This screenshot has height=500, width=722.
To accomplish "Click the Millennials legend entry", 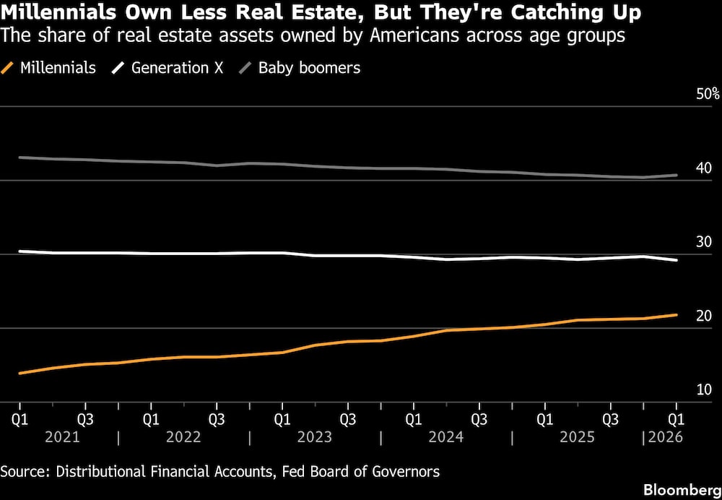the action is (x=48, y=68).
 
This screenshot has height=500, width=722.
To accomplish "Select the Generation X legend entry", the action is (x=168, y=68).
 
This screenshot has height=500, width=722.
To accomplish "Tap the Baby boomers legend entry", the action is (x=300, y=68).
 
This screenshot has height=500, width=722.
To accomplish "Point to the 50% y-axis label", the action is (x=708, y=95).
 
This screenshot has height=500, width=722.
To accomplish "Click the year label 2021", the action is (x=62, y=437).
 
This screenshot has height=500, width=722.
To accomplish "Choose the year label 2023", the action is (x=315, y=437).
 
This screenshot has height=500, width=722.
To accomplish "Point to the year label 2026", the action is (x=666, y=437).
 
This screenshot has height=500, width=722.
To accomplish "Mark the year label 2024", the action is (x=445, y=437).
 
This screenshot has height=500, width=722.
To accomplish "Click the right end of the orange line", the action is (x=677, y=315).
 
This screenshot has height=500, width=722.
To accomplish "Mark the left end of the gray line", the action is (x=19, y=157).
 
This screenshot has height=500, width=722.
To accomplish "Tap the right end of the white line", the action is (x=677, y=260).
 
